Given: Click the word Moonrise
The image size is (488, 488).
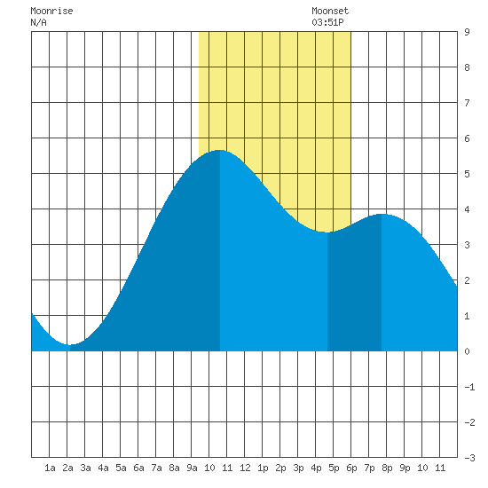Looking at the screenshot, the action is point(51,12).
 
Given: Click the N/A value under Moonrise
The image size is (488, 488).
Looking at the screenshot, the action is point(38,22).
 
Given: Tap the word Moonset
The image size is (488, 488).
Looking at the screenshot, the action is point(330,12).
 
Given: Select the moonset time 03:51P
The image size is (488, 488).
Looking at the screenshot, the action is point(327,22).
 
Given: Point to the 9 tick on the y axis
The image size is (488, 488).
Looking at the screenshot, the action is point(467,32).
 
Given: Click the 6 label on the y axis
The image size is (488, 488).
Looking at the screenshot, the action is point(467,138).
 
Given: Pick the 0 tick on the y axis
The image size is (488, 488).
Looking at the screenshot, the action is point(467,351).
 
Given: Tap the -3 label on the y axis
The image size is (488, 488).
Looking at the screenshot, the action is point(469,458).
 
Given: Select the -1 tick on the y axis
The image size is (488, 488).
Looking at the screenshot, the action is point(469,387).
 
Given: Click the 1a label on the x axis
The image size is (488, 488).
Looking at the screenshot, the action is point(50,468).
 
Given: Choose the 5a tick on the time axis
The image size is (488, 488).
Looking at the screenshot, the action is point(121,468).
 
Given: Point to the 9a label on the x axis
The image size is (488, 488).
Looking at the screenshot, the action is point(192,468).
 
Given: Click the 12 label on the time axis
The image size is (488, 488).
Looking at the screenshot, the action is point(245,468).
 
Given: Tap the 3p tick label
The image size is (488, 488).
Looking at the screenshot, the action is point(298,468).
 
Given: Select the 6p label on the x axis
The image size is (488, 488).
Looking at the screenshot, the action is point(351,468).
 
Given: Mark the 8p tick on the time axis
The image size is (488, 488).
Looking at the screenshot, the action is point(387,468).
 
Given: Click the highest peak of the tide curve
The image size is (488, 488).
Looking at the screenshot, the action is point(220,150).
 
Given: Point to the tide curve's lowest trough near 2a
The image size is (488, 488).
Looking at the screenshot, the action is point(70,344).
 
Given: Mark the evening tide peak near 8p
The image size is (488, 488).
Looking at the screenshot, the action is point(382,214).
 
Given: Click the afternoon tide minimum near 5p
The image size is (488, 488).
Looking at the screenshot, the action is point(327,232).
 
